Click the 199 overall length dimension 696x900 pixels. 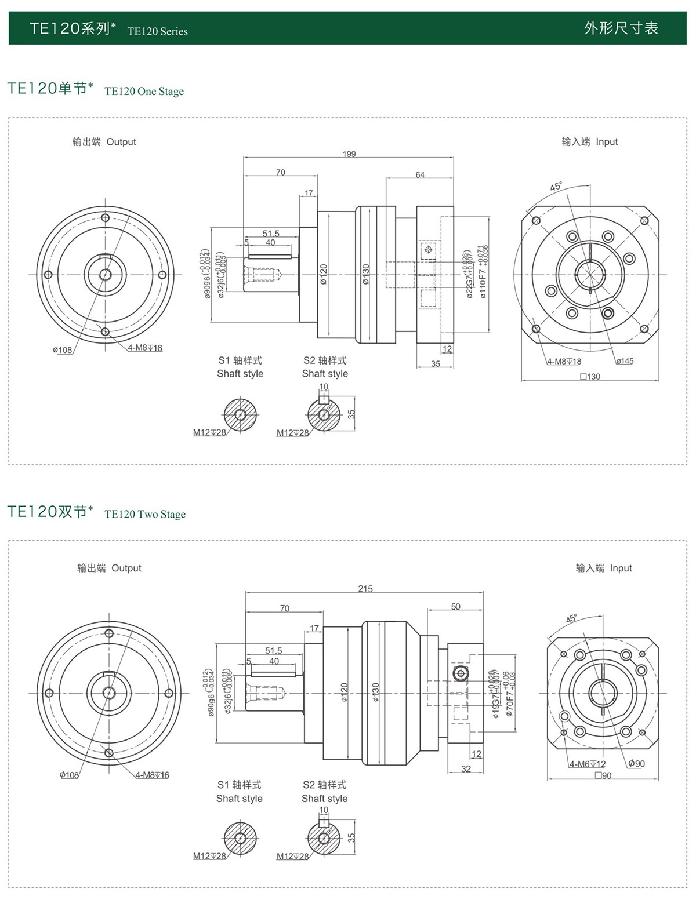(x=349, y=154)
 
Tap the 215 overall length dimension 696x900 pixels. (x=365, y=589)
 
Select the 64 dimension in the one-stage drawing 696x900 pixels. (x=420, y=174)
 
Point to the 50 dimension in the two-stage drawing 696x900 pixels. (x=456, y=607)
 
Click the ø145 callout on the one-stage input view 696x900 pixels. (x=625, y=361)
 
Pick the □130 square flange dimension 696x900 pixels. (x=590, y=377)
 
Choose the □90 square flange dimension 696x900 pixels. (x=603, y=775)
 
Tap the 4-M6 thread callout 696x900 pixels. (x=587, y=764)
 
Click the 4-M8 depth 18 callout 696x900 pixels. (x=564, y=362)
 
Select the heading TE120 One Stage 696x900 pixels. (x=144, y=91)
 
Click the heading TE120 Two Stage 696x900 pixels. (x=145, y=514)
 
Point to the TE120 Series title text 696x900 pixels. (x=157, y=31)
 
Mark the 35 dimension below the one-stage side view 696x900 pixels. (x=436, y=364)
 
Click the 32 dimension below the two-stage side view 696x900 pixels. (x=466, y=769)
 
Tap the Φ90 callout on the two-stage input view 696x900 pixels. (x=636, y=764)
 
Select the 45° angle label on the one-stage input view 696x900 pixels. (x=556, y=187)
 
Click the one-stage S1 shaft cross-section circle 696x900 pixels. (x=240, y=414)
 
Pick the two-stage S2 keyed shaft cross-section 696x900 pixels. (x=324, y=837)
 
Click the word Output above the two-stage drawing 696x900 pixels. (x=126, y=568)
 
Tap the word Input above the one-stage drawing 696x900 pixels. (x=607, y=142)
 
